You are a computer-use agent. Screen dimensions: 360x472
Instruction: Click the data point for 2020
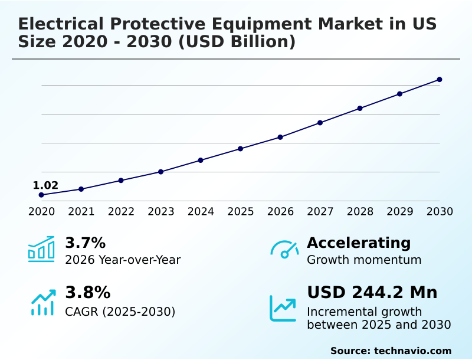pyautogui.click(x=41, y=195)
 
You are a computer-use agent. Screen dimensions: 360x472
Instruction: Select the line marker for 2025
pyautogui.click(x=240, y=149)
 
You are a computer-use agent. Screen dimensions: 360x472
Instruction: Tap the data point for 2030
pyautogui.click(x=440, y=80)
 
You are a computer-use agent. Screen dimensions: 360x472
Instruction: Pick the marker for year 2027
pyautogui.click(x=320, y=123)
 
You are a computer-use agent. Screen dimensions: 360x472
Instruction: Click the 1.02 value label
pyautogui.click(x=45, y=185)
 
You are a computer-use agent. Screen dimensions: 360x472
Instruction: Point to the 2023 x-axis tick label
pyautogui.click(x=161, y=211)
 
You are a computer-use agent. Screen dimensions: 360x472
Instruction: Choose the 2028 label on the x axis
pyautogui.click(x=360, y=211)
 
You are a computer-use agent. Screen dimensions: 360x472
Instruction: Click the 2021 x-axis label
pyautogui.click(x=81, y=211)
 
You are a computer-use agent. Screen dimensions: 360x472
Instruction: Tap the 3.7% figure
pyautogui.click(x=85, y=243)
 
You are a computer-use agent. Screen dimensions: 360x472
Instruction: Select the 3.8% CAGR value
pyautogui.click(x=87, y=293)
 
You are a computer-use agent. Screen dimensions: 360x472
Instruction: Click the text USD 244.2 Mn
pyautogui.click(x=372, y=293)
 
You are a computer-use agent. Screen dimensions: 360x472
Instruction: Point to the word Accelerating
pyautogui.click(x=359, y=243)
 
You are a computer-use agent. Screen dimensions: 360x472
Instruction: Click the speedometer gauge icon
pyautogui.click(x=284, y=250)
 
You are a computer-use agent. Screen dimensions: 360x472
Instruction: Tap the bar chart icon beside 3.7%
pyautogui.click(x=41, y=249)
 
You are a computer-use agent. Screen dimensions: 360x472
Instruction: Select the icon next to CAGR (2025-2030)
pyautogui.click(x=42, y=302)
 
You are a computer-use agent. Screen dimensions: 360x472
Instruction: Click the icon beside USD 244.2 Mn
pyautogui.click(x=283, y=308)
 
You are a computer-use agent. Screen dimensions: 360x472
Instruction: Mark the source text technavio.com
pyautogui.click(x=412, y=351)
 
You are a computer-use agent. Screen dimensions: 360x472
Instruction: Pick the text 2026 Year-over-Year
pyautogui.click(x=123, y=260)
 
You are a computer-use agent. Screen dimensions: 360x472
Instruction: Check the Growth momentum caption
pyautogui.click(x=364, y=260)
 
